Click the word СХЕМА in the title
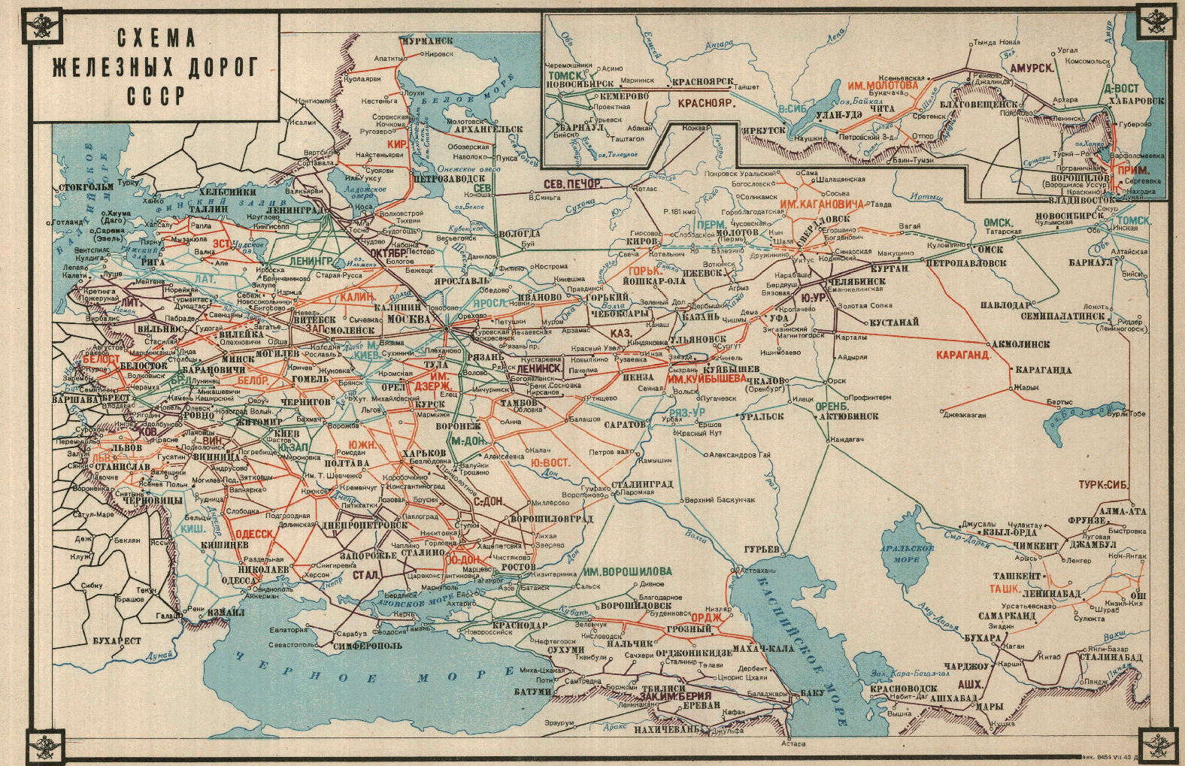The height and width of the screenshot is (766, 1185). [x=156, y=38]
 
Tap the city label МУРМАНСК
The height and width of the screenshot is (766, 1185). [x=426, y=41]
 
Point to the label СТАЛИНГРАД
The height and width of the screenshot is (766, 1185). [x=641, y=484]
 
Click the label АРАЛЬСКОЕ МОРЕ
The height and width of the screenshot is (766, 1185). [x=907, y=554]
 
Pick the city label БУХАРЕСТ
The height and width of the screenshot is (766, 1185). [x=117, y=641]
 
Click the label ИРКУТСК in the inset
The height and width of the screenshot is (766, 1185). [x=764, y=130]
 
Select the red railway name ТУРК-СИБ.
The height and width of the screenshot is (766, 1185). [x=1103, y=485]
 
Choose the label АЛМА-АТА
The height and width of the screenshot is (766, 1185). [x=1123, y=511]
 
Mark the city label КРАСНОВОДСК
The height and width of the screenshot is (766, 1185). [x=903, y=689]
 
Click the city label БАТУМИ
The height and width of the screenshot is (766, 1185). [x=534, y=692]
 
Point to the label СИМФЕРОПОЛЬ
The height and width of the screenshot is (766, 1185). [x=368, y=645]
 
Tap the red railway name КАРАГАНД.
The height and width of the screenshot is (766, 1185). [x=962, y=355]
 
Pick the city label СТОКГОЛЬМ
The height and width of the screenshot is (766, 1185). [x=86, y=186]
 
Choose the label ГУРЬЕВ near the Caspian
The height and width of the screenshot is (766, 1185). [x=762, y=550]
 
